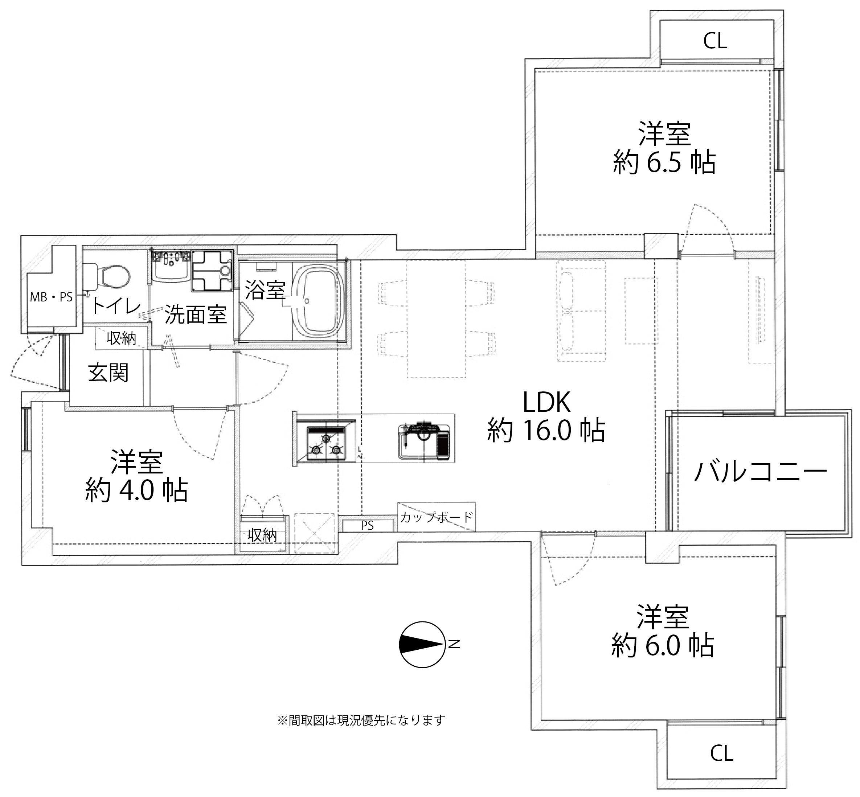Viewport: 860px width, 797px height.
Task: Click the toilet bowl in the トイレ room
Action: (x=110, y=276)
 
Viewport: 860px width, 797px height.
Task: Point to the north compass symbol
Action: (x=422, y=644)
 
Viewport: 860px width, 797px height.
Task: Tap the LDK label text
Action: (x=546, y=402)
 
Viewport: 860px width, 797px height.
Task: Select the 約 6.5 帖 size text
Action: (x=664, y=163)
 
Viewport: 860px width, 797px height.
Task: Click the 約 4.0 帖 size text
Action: (x=136, y=490)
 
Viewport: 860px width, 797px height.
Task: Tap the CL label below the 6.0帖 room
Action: (x=721, y=754)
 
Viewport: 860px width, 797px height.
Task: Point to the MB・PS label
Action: (x=51, y=297)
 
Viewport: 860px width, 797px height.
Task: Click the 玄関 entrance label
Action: (x=108, y=373)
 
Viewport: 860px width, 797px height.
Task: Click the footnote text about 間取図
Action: (x=361, y=720)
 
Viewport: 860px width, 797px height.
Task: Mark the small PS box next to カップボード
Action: (x=368, y=526)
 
